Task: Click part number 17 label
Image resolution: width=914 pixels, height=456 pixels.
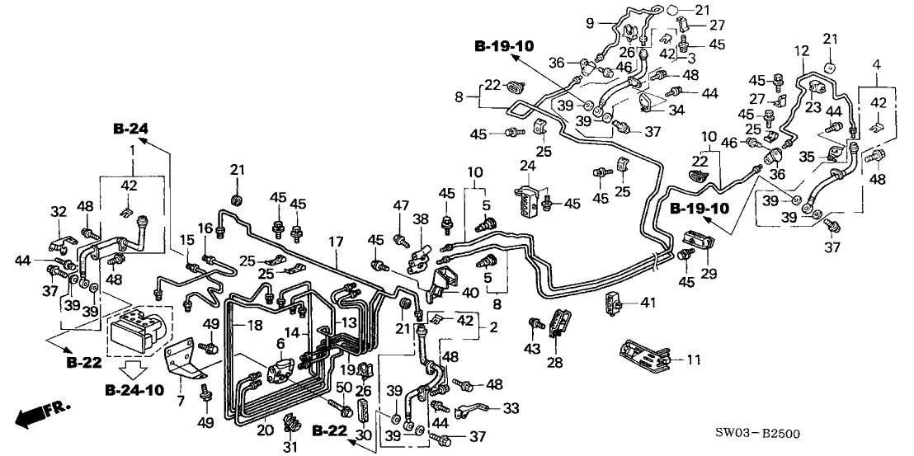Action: [336, 242]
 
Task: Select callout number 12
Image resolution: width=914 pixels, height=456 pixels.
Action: [800, 52]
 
